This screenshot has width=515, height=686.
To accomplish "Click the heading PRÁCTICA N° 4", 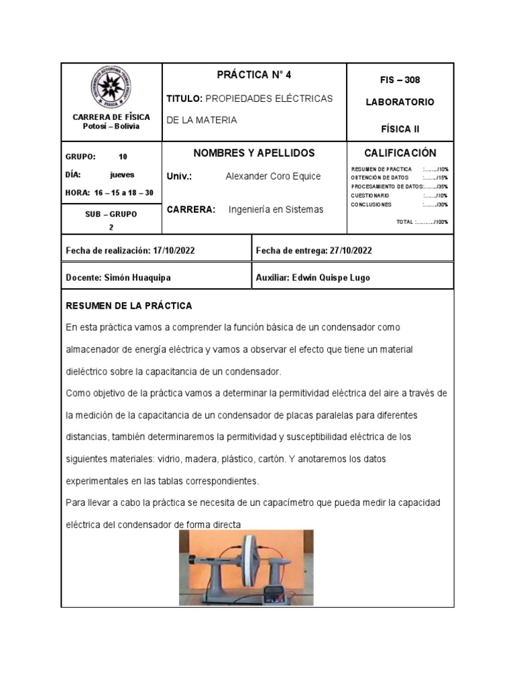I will click(254, 74).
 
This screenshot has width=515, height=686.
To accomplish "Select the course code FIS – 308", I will click(400, 80).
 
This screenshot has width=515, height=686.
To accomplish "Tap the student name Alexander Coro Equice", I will click(273, 176).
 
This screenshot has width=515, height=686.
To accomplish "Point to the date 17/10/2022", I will click(173, 251).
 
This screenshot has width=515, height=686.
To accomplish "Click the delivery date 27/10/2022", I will click(351, 251).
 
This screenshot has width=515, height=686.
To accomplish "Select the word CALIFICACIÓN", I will click(400, 153).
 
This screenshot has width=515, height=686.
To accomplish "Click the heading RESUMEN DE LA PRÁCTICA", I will click(129, 305).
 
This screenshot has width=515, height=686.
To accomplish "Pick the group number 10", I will click(123, 157).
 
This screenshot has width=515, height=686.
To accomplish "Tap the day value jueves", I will click(122, 175).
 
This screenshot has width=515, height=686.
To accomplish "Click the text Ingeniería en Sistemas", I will click(276, 210).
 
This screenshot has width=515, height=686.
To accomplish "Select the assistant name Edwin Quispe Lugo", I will click(331, 277).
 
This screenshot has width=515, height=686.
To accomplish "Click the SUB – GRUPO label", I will click(111, 214).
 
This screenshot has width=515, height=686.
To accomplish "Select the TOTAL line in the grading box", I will click(422, 222).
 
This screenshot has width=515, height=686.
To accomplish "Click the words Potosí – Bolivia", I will click(111, 127).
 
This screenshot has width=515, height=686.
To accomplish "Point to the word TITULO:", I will click(184, 98).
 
